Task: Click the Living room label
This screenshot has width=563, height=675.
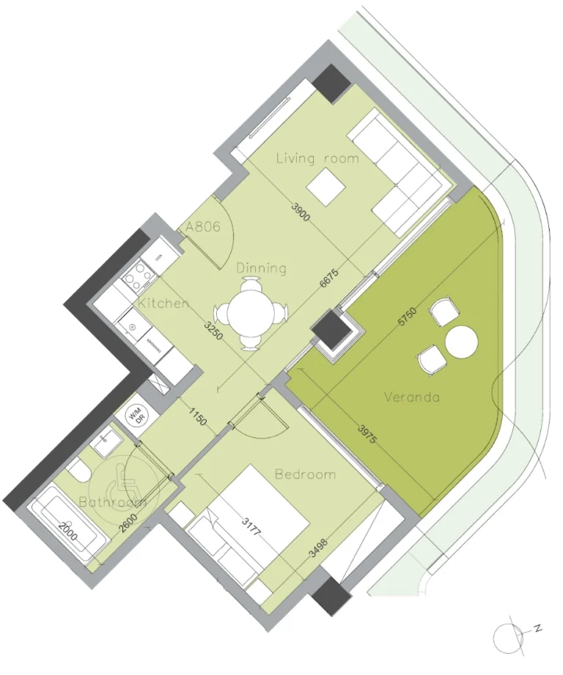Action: tap(317, 158)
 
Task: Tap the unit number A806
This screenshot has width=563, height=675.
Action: tap(203, 227)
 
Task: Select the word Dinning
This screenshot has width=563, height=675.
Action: tap(261, 268)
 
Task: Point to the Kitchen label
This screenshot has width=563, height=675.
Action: tap(164, 303)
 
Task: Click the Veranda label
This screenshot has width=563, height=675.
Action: tap(412, 397)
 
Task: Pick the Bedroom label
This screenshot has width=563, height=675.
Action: tap(305, 474)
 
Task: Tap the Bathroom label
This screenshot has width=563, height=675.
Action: tap(112, 503)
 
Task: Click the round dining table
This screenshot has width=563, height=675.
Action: tap(254, 314)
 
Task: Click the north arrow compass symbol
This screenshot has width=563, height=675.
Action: tap(509, 635)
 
